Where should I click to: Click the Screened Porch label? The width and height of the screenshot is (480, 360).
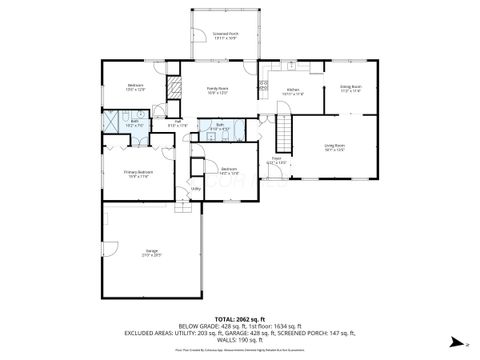pos(224,36)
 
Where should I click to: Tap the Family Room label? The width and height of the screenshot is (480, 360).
pos(218,91)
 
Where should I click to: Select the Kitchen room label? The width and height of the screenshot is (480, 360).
pos(294,92)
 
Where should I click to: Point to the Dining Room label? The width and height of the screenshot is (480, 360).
pos(350,89)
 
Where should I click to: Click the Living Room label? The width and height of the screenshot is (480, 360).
pos(334,149)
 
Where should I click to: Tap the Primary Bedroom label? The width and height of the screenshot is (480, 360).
pos(138,174)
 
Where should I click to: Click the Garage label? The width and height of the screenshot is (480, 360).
pos(153,254)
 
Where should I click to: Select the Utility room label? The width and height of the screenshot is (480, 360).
pos(196,188)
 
